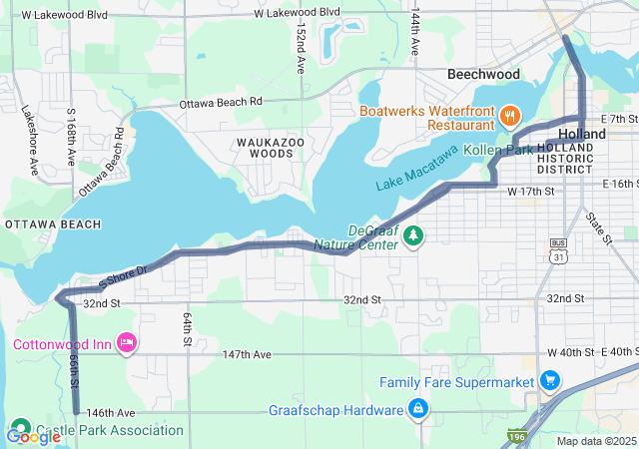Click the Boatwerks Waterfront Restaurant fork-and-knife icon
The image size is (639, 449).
pos(510,117)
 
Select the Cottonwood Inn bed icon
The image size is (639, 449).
pos(127,344)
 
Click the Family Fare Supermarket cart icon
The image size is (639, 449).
pos(548,381)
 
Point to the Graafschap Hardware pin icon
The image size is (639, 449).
pos(418,409)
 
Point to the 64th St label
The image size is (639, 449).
pos(187,329)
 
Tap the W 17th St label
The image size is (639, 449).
pos(530,191)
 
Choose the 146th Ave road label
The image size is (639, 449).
pos(110,412)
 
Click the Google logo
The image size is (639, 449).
pos(33,436)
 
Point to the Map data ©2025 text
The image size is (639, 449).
pos(595,441)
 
